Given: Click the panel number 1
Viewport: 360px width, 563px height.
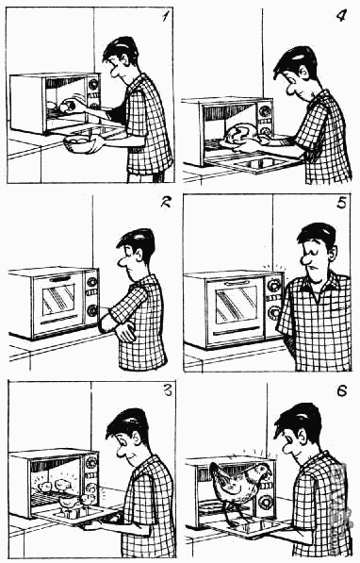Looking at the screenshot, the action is pyautogui.click(x=165, y=17).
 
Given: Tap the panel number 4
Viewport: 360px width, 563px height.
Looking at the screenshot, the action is pyautogui.click(x=341, y=16).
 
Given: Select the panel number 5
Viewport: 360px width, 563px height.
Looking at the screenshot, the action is pyautogui.click(x=342, y=204).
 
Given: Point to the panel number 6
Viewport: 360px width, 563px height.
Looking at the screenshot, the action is pyautogui.click(x=342, y=391).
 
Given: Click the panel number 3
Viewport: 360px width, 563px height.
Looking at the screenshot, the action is pyautogui.click(x=168, y=390).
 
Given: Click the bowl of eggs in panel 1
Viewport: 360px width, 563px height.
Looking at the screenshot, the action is pyautogui.click(x=80, y=144).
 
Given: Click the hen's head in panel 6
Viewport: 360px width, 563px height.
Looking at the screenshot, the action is pyautogui.click(x=262, y=471).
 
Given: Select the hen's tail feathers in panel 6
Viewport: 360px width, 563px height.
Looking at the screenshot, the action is pyautogui.click(x=217, y=474).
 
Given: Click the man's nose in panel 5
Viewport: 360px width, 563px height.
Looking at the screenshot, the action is pyautogui.click(x=307, y=259).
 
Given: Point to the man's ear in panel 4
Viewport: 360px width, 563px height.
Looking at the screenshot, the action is pyautogui.click(x=304, y=74).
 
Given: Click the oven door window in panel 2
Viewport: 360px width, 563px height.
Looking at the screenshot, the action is pyautogui.click(x=58, y=300).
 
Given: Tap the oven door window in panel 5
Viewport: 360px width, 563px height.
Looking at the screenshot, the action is pyautogui.click(x=237, y=306).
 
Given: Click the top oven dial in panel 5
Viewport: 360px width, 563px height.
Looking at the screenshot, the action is pyautogui.click(x=274, y=286).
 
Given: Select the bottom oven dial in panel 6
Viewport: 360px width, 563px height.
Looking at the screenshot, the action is pyautogui.click(x=267, y=501).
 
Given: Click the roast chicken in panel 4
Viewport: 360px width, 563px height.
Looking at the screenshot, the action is pyautogui.click(x=241, y=136).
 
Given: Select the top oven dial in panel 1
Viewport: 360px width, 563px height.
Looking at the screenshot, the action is pyautogui.click(x=93, y=84).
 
